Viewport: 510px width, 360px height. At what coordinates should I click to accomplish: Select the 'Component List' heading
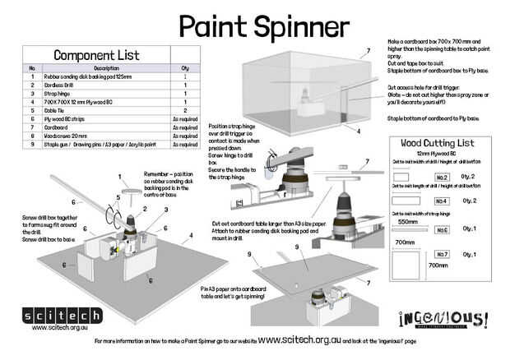pyautogui.click(x=96, y=55)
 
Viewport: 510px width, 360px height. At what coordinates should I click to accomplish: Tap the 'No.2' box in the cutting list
pyautogui.click(x=442, y=177)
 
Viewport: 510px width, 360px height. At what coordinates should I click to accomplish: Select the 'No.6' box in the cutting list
pyautogui.click(x=442, y=230)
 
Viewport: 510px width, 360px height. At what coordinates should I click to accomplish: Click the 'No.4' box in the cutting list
pyautogui.click(x=442, y=201)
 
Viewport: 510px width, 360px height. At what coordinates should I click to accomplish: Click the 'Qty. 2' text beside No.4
pyautogui.click(x=471, y=201)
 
